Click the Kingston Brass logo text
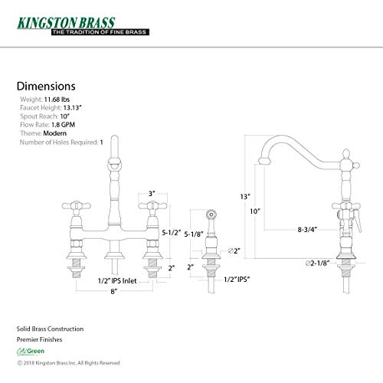66,23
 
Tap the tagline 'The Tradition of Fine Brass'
100,32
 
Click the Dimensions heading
46,87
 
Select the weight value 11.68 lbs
57,100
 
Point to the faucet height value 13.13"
72,108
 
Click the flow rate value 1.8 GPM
63,125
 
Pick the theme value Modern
55,133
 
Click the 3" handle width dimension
152,194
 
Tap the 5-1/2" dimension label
172,233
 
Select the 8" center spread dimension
114,291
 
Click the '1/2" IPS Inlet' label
117,281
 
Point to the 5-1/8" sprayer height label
194,234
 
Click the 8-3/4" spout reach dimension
307,230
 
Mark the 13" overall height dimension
245,197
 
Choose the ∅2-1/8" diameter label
317,263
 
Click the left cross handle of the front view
77,205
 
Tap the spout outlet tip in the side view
264,161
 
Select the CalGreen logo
31,352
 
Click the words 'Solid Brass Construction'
50,329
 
